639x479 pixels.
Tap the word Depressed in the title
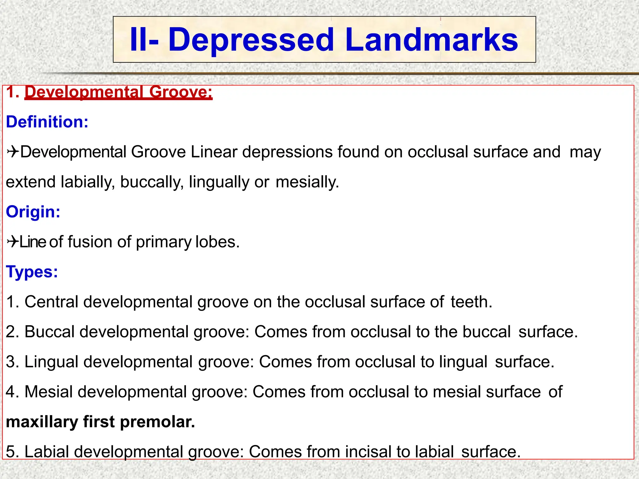click(251, 40)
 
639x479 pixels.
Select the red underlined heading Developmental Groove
click(118, 92)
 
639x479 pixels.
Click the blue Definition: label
click(47, 122)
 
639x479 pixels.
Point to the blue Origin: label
click(33, 212)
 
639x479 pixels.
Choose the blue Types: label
click(32, 272)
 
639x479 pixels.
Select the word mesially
click(307, 182)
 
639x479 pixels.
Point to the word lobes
click(217, 242)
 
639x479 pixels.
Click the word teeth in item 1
click(471, 302)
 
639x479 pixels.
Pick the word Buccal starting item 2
click(50, 331)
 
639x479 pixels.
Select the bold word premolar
click(157, 422)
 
